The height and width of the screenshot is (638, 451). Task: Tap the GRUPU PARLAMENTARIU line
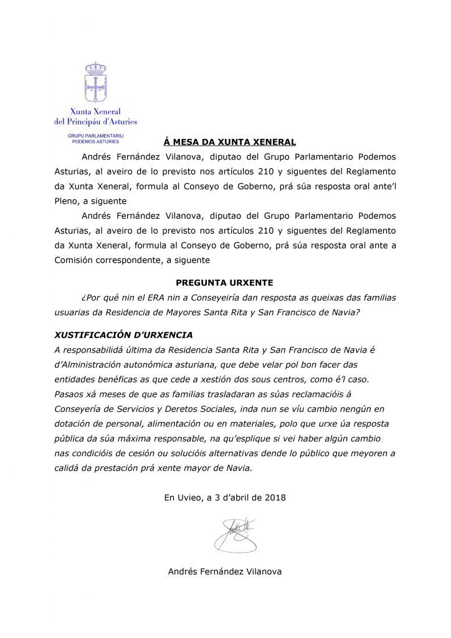click(x=95, y=135)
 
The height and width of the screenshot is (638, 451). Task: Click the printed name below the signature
click(x=225, y=571)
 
